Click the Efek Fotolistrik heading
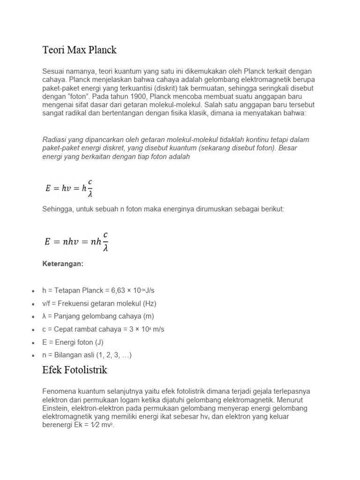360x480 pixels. (x=75, y=370)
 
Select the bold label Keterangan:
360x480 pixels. (x=63, y=264)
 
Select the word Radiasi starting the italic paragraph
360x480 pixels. (x=54, y=140)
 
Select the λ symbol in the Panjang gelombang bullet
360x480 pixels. (x=44, y=316)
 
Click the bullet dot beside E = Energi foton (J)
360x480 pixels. (x=33, y=343)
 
